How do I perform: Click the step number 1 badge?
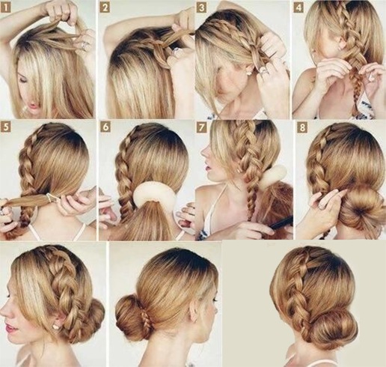(6, 7)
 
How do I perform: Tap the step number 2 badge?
(105, 7)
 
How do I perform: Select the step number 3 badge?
(202, 7)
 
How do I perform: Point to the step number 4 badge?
(298, 7)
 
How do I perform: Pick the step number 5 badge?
(6, 127)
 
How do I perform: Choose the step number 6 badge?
(105, 127)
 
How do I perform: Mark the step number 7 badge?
(202, 127)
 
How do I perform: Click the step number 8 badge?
(302, 127)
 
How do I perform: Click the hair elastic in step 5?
(52, 198)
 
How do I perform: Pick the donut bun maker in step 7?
(273, 176)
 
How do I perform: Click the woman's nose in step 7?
(204, 151)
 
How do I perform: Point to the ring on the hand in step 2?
(176, 52)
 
